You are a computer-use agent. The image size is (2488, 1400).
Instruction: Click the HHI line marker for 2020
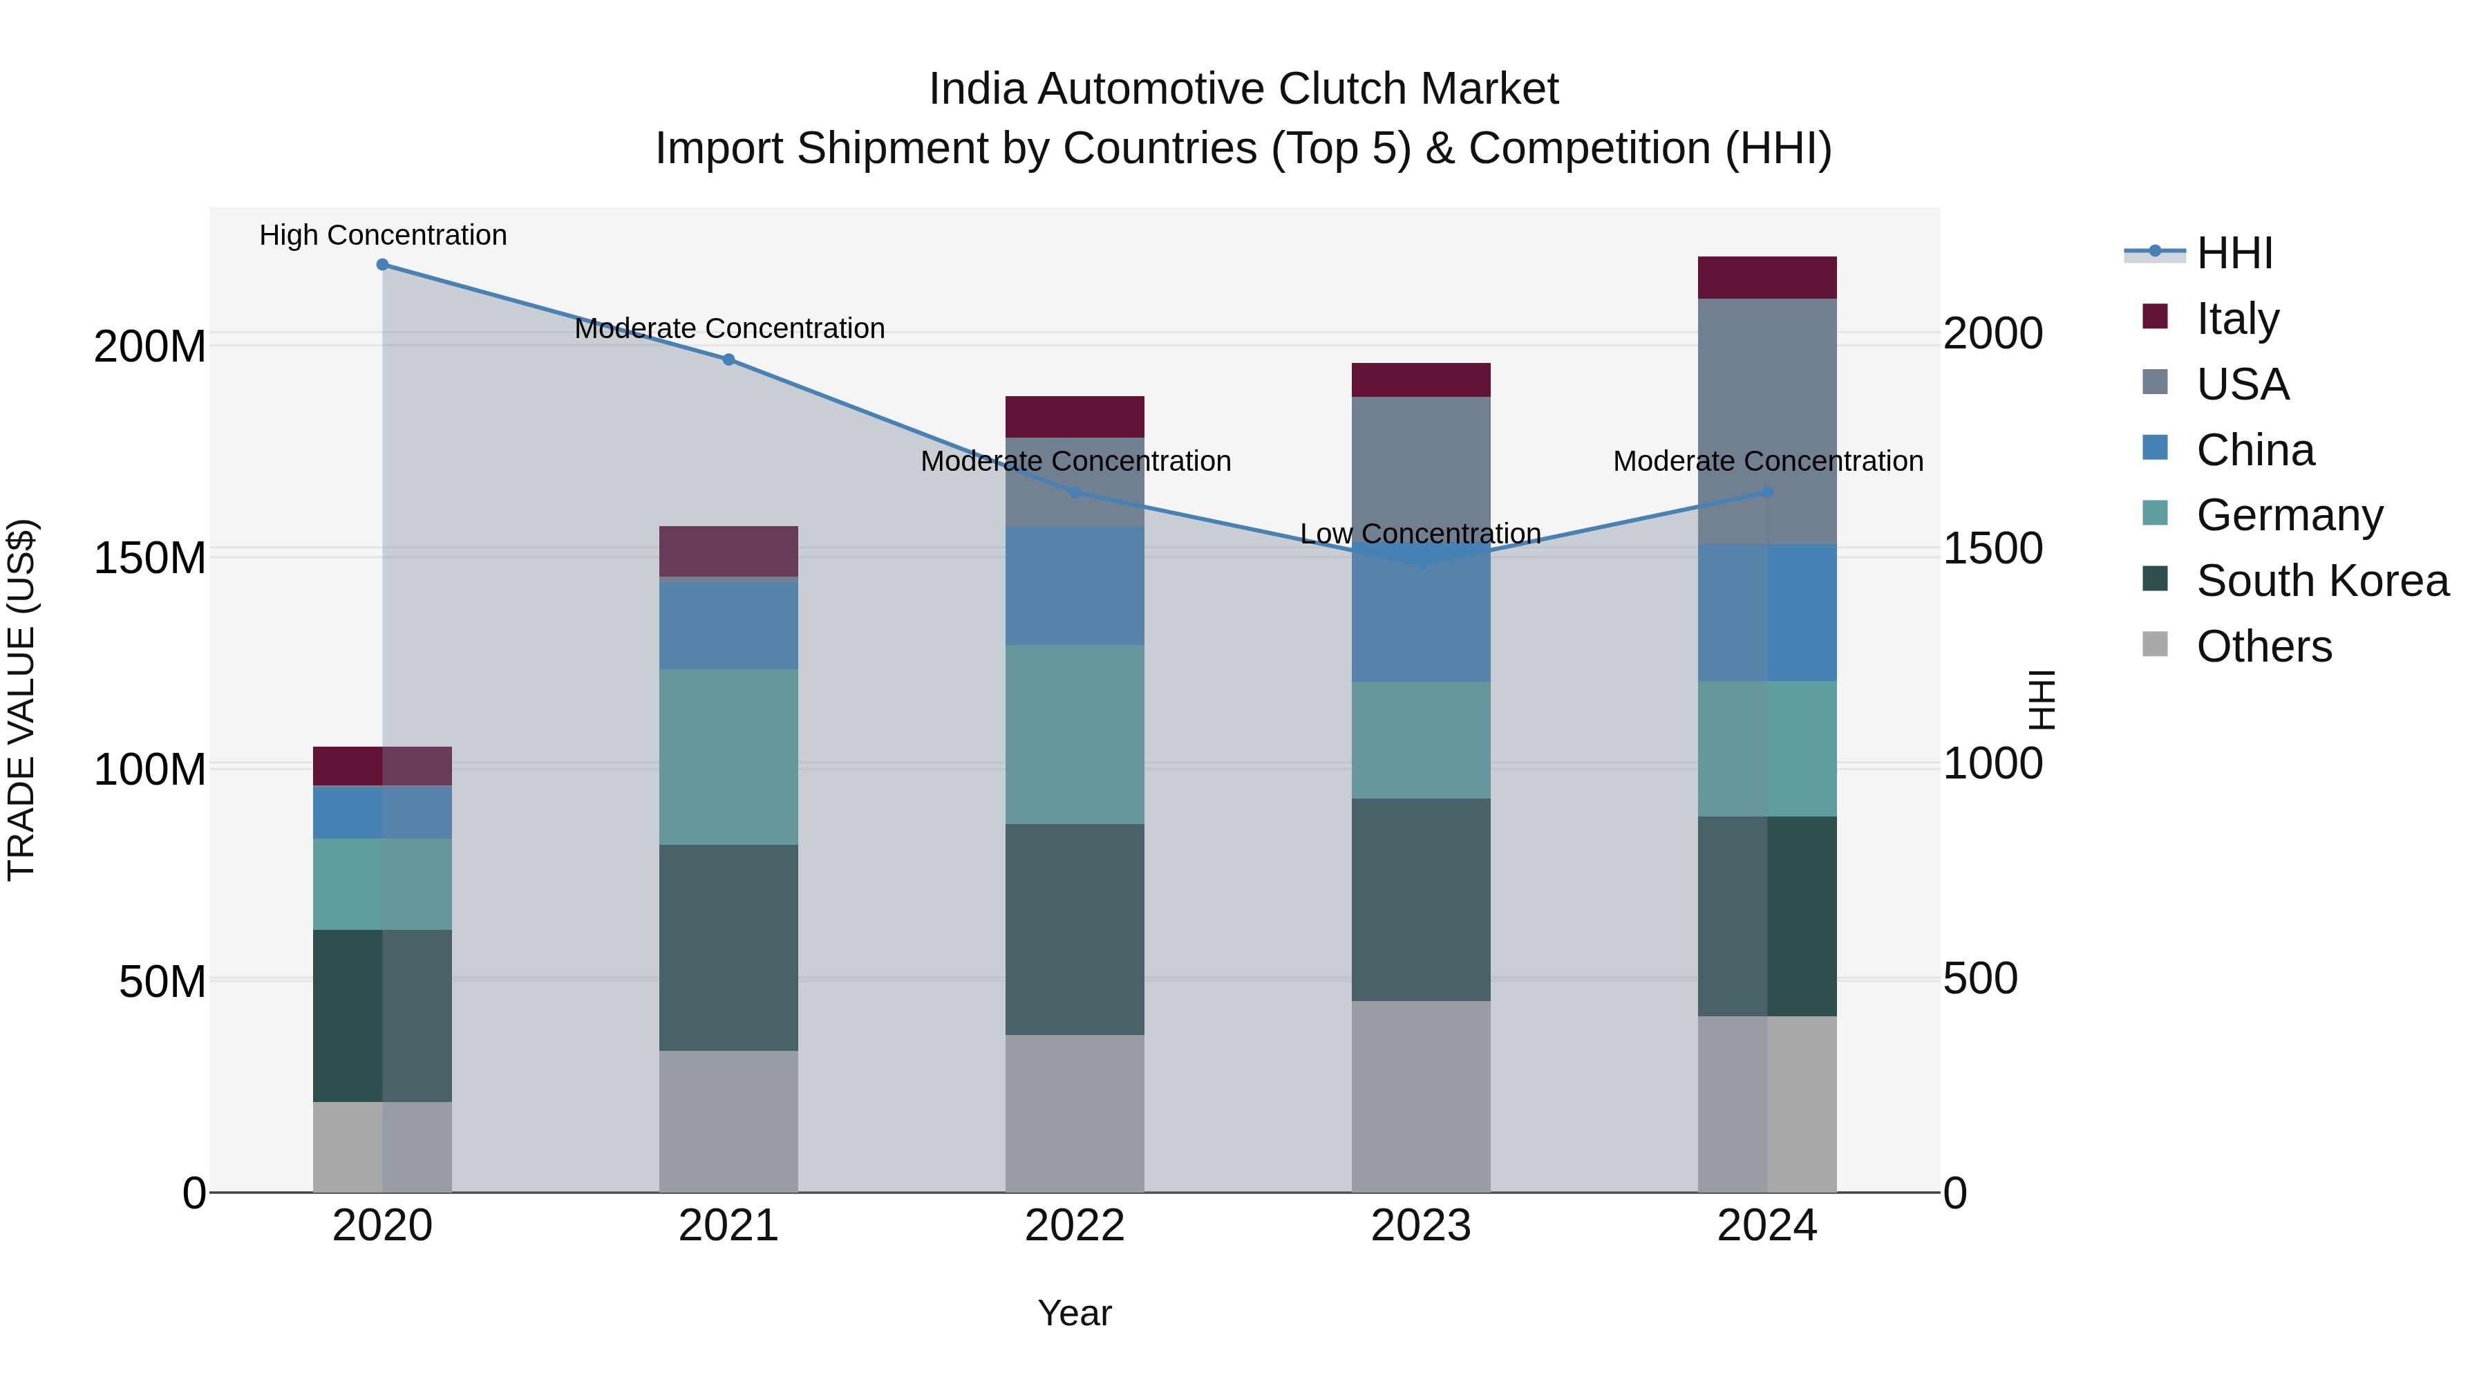pyautogui.click(x=382, y=265)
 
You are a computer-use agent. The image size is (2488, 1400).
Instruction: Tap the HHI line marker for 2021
pyautogui.click(x=729, y=360)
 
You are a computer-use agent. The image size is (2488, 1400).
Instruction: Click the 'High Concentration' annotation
pyautogui.click(x=382, y=236)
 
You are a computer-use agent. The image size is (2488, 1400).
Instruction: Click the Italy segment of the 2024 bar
pyautogui.click(x=1767, y=278)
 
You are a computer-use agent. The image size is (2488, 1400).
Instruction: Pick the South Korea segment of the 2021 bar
pyautogui.click(x=729, y=947)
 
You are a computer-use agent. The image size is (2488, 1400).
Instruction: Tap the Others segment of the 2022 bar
pyautogui.click(x=1075, y=1113)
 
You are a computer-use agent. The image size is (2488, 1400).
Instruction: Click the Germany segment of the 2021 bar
pyautogui.click(x=729, y=756)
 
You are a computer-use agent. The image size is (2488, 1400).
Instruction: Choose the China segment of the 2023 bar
pyautogui.click(x=1421, y=618)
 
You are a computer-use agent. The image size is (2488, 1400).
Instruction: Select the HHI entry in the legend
pyautogui.click(x=2233, y=253)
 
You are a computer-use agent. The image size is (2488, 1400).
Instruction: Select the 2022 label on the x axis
pyautogui.click(x=1075, y=1226)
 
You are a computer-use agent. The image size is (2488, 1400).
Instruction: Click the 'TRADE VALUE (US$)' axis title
pyautogui.click(x=21, y=700)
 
